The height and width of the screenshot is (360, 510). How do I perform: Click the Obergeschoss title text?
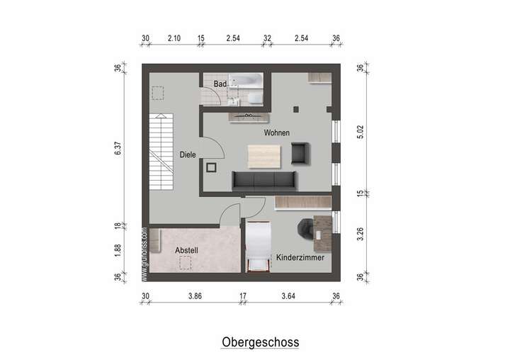(260, 342)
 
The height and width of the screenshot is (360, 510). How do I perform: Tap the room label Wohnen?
(277, 133)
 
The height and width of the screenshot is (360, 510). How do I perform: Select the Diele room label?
(187, 154)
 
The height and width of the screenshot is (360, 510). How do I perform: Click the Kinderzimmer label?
(300, 257)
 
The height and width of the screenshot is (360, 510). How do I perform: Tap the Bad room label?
(220, 84)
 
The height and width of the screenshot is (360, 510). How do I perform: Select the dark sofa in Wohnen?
(265, 181)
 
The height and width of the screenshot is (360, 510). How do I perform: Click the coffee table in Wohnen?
(264, 156)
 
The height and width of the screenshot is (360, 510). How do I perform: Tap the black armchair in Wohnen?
(300, 152)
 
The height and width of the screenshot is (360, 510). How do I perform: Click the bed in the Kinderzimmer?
(259, 244)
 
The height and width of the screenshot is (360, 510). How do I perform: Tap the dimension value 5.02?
(360, 132)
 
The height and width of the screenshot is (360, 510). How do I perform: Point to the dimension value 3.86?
(195, 296)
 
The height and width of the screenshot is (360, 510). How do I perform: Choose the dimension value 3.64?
(288, 296)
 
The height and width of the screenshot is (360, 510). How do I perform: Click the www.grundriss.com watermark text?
(144, 254)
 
